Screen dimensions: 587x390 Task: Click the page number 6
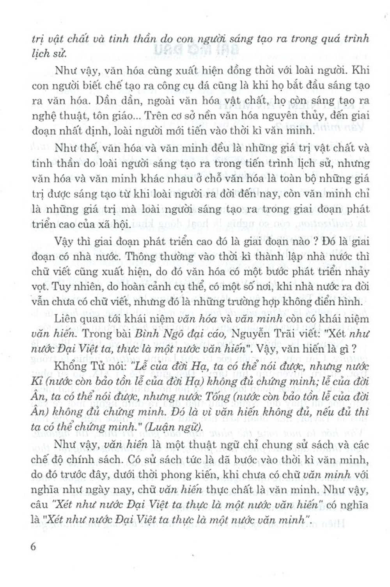(32, 546)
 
